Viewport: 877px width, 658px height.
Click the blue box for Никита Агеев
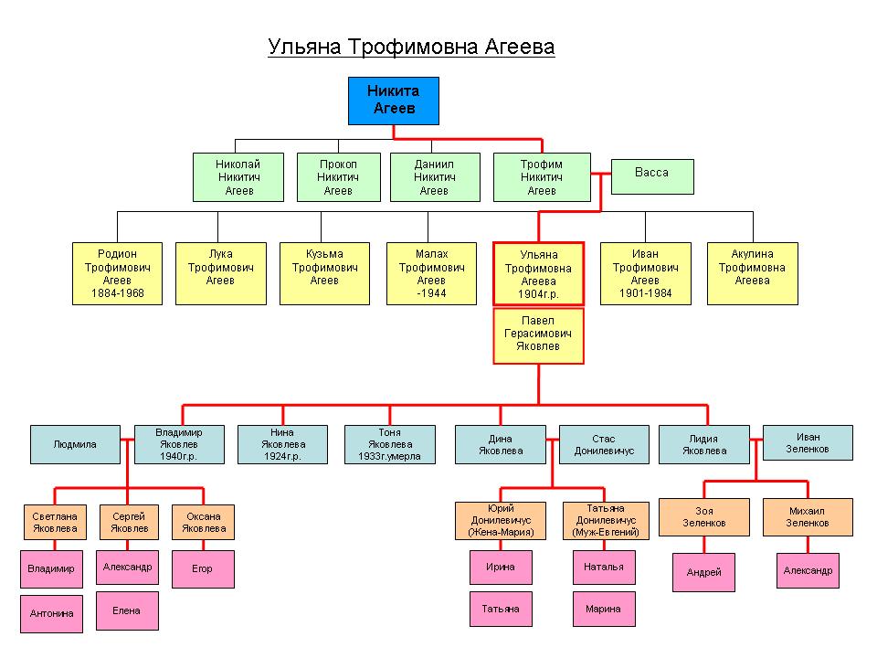(x=393, y=101)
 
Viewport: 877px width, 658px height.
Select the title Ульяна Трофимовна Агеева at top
(x=411, y=47)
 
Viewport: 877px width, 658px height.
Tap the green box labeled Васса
(x=652, y=176)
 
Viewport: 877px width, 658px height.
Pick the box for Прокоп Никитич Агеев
(x=338, y=176)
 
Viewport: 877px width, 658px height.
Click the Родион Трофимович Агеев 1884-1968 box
(x=117, y=273)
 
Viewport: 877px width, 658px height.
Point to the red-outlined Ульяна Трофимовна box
(x=538, y=273)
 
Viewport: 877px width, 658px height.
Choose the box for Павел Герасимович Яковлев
(x=538, y=335)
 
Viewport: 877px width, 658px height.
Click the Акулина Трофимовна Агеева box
(x=752, y=273)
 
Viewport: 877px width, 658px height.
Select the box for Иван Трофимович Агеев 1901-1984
(x=646, y=273)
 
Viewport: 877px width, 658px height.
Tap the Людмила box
(x=75, y=444)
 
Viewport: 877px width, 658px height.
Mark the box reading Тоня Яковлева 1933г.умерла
(x=389, y=444)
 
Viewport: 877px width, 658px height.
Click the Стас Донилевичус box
(x=604, y=444)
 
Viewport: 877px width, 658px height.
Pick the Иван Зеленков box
(x=808, y=442)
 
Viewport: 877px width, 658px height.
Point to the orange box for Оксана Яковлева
(x=203, y=522)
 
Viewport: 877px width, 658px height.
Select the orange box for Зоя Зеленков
(x=703, y=517)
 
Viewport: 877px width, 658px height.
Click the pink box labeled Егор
(x=203, y=568)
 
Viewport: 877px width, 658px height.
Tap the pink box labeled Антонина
(x=51, y=614)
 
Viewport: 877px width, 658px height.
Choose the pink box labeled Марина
(x=604, y=609)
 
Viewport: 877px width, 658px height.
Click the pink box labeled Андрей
(x=703, y=572)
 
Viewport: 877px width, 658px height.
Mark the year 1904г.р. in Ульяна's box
(x=538, y=294)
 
